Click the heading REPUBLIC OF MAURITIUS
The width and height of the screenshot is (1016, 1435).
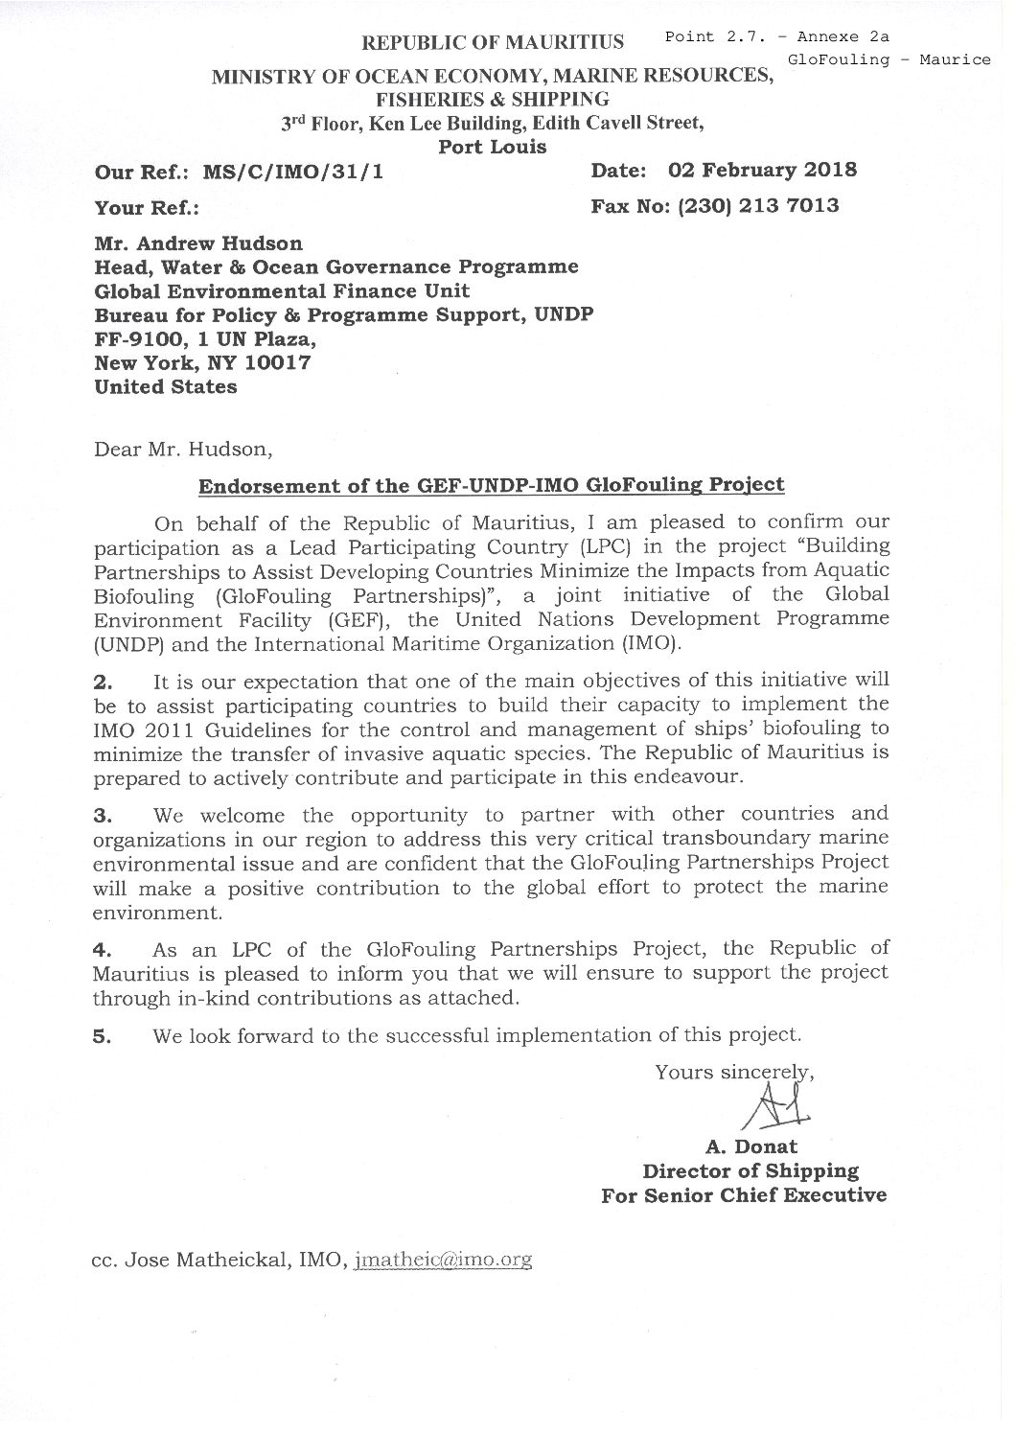tap(492, 42)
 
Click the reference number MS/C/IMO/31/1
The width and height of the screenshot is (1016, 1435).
tap(293, 174)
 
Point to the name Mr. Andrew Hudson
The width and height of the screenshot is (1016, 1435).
tap(198, 243)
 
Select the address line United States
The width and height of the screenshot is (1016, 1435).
tap(165, 387)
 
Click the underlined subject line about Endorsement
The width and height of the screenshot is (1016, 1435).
tap(491, 485)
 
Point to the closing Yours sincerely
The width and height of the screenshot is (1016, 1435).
tap(734, 1072)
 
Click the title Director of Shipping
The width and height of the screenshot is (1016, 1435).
tap(750, 1170)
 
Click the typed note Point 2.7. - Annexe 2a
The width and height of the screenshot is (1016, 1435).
tap(776, 36)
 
